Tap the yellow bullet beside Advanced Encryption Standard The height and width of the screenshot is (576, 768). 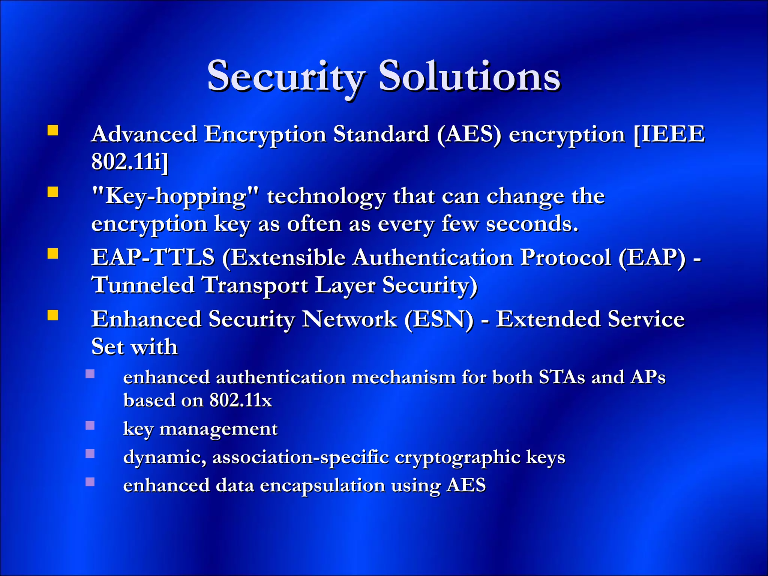click(53, 130)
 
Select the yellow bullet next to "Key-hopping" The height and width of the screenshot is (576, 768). click(53, 192)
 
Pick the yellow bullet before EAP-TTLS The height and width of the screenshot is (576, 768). click(53, 254)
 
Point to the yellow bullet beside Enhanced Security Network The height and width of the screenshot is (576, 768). click(53, 315)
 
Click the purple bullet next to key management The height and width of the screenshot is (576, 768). click(90, 425)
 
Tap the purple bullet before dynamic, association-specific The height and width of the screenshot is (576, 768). click(90, 454)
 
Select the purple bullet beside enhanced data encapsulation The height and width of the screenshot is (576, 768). click(90, 482)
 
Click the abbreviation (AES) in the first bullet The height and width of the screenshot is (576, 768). click(469, 135)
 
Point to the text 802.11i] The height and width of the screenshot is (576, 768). click(130, 162)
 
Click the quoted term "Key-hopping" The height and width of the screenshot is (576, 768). click(175, 196)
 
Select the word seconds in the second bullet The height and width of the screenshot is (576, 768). click(532, 224)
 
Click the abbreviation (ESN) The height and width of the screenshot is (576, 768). click(439, 319)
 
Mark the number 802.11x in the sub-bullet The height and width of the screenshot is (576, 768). click(240, 400)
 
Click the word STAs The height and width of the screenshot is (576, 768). click(561, 377)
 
